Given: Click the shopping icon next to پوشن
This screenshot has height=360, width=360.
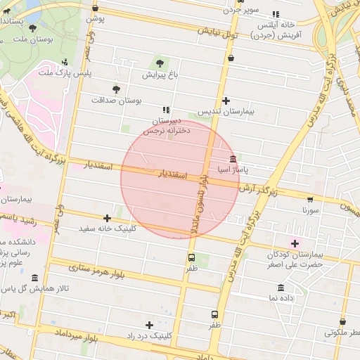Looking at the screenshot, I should click(x=96, y=8).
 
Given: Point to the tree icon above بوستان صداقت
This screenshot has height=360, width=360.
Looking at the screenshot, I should click(x=116, y=89).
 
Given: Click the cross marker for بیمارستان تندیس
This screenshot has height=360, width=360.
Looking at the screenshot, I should click(x=226, y=101).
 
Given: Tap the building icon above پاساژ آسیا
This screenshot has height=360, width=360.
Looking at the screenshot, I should click(x=233, y=159).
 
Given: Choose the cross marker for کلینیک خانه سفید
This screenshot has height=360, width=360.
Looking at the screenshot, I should click(x=107, y=219).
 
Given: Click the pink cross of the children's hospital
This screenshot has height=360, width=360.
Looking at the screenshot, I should click(x=296, y=243).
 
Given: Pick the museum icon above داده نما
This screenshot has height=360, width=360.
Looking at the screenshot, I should click(x=281, y=288).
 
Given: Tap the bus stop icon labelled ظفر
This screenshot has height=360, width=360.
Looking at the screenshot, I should click(x=214, y=314).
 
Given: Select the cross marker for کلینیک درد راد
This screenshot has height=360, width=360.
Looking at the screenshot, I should click(x=149, y=325).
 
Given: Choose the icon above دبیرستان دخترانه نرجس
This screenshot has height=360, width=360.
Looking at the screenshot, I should click(x=166, y=110).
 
